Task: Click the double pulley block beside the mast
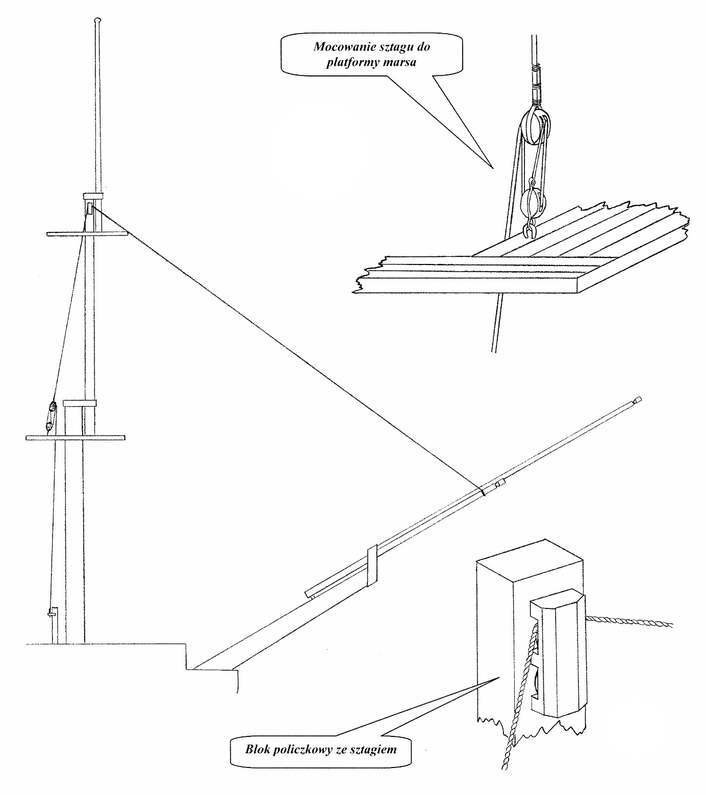[x=51, y=415]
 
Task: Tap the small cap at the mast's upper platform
[x=93, y=195]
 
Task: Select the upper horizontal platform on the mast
[x=87, y=233]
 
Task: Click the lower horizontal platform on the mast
[x=75, y=437]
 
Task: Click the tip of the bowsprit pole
[x=637, y=401]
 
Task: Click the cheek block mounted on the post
[x=556, y=650]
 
